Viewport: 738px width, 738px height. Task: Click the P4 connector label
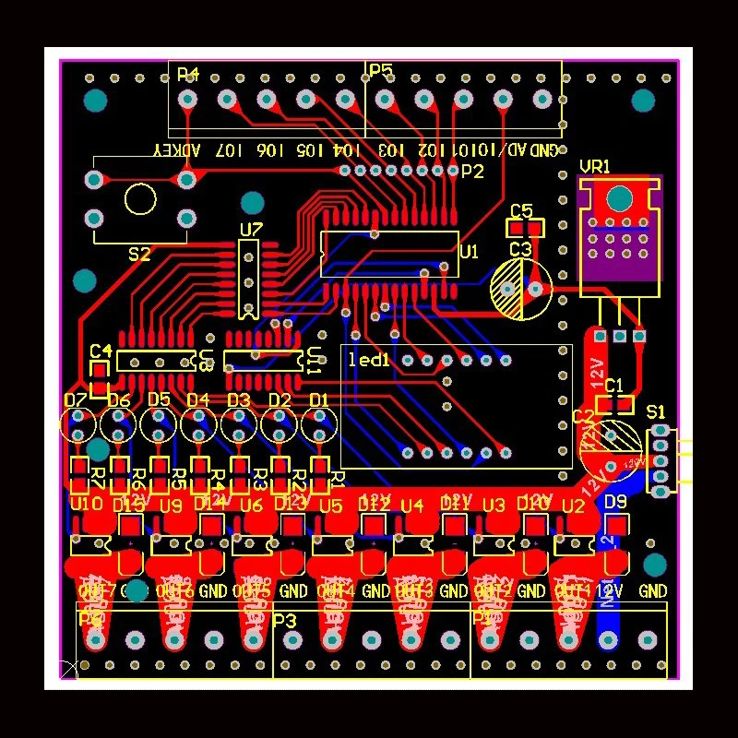click(188, 74)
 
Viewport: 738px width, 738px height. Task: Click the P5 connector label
click(380, 71)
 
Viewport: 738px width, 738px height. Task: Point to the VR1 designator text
click(595, 167)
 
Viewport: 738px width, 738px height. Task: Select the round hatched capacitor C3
click(520, 289)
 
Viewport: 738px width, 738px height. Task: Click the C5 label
click(521, 210)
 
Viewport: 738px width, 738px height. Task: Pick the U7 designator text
click(251, 229)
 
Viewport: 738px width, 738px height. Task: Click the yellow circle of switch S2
click(141, 198)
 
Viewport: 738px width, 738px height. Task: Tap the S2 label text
click(139, 255)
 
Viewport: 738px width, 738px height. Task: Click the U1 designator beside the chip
click(469, 251)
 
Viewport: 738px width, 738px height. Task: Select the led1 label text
click(369, 361)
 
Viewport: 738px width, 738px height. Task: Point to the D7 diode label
click(76, 400)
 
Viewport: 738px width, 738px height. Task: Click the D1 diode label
click(319, 400)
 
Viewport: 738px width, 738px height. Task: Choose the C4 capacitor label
click(101, 351)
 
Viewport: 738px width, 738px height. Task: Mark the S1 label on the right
click(656, 411)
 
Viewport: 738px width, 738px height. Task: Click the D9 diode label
click(615, 503)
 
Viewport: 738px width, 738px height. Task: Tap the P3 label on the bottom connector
click(285, 621)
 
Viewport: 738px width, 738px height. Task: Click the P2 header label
click(472, 172)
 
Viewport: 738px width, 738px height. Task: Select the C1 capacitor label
click(614, 385)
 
